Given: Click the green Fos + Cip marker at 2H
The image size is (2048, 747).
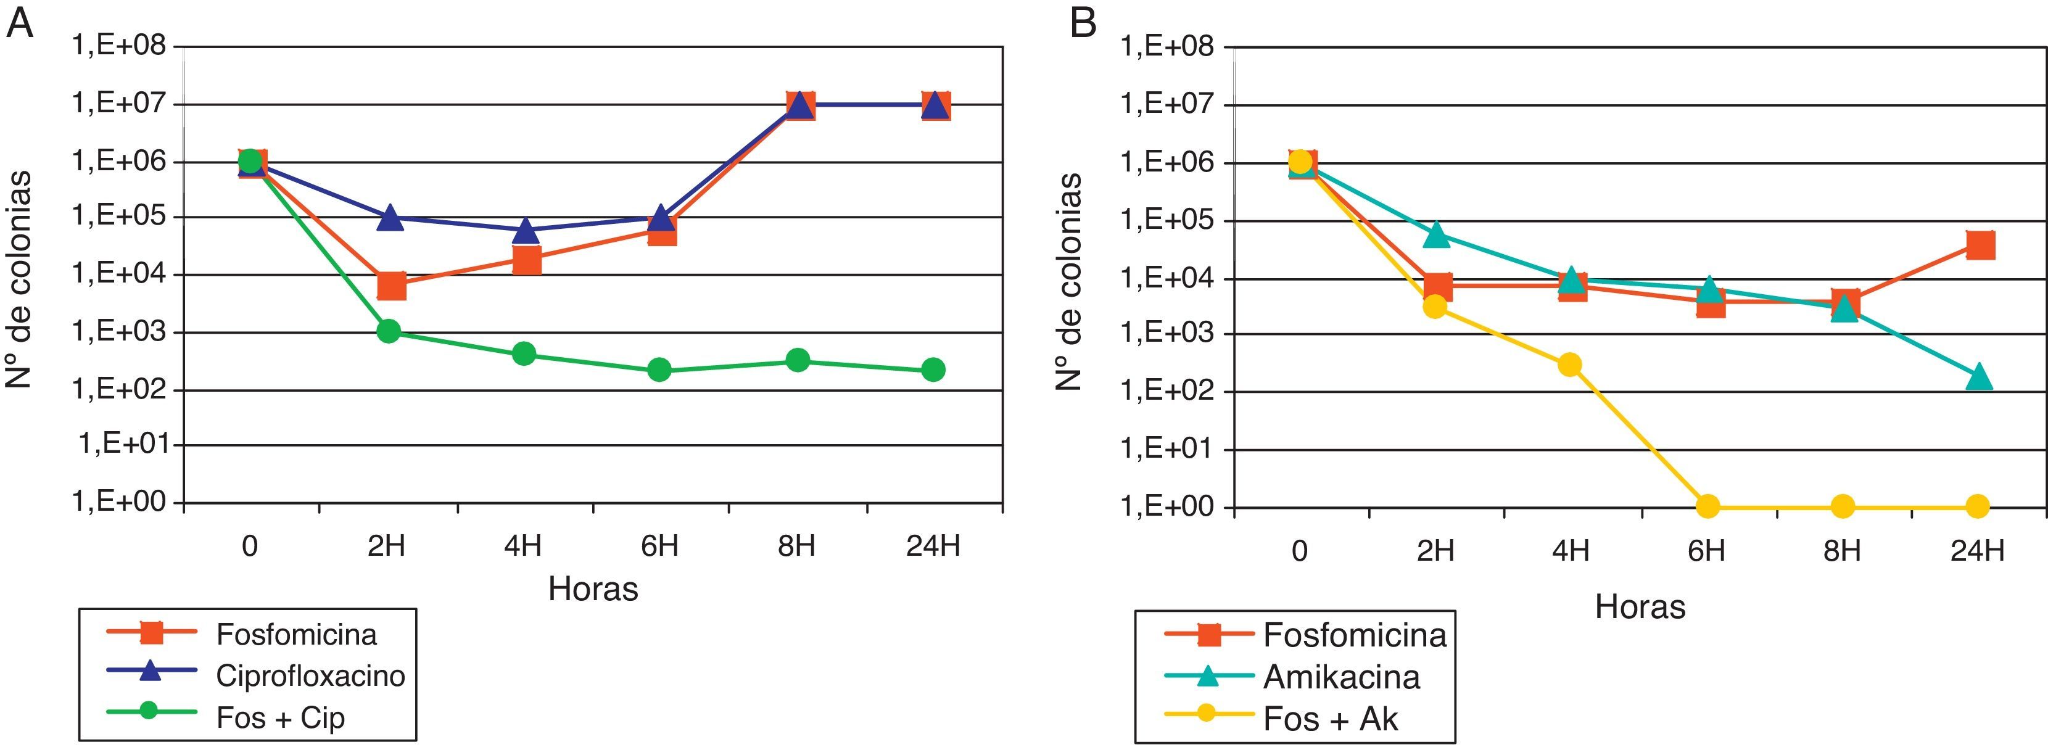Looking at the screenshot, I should coord(389,331).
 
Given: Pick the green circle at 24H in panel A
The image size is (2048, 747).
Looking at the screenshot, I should coord(933,369).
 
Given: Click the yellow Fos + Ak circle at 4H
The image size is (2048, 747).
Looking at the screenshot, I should coord(1569,365).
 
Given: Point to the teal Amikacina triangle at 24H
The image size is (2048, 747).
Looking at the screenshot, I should coord(1979,377).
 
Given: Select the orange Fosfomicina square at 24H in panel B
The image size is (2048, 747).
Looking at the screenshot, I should coord(1980,245).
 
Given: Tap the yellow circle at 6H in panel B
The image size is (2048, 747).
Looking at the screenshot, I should coord(1707,506).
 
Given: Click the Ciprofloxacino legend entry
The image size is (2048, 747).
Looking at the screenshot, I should coord(310,675).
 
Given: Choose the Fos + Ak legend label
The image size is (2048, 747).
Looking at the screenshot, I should coord(1330,719).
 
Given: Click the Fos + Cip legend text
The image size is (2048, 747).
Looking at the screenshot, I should coord(280,717).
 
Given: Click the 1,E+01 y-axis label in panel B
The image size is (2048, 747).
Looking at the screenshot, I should coord(1168,449).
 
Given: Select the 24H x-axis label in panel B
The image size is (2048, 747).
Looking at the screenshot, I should coord(1977,550).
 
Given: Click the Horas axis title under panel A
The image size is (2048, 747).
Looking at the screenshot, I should coord(593,589).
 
